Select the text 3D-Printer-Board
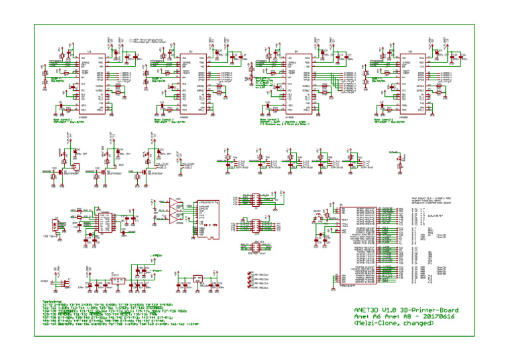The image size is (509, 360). (432, 310)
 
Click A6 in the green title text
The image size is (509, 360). (380, 318)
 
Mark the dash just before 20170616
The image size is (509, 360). (418, 318)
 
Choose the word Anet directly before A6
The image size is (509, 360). (364, 318)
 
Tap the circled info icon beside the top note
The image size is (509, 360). (131, 40)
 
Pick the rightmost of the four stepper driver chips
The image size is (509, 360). (410, 84)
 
